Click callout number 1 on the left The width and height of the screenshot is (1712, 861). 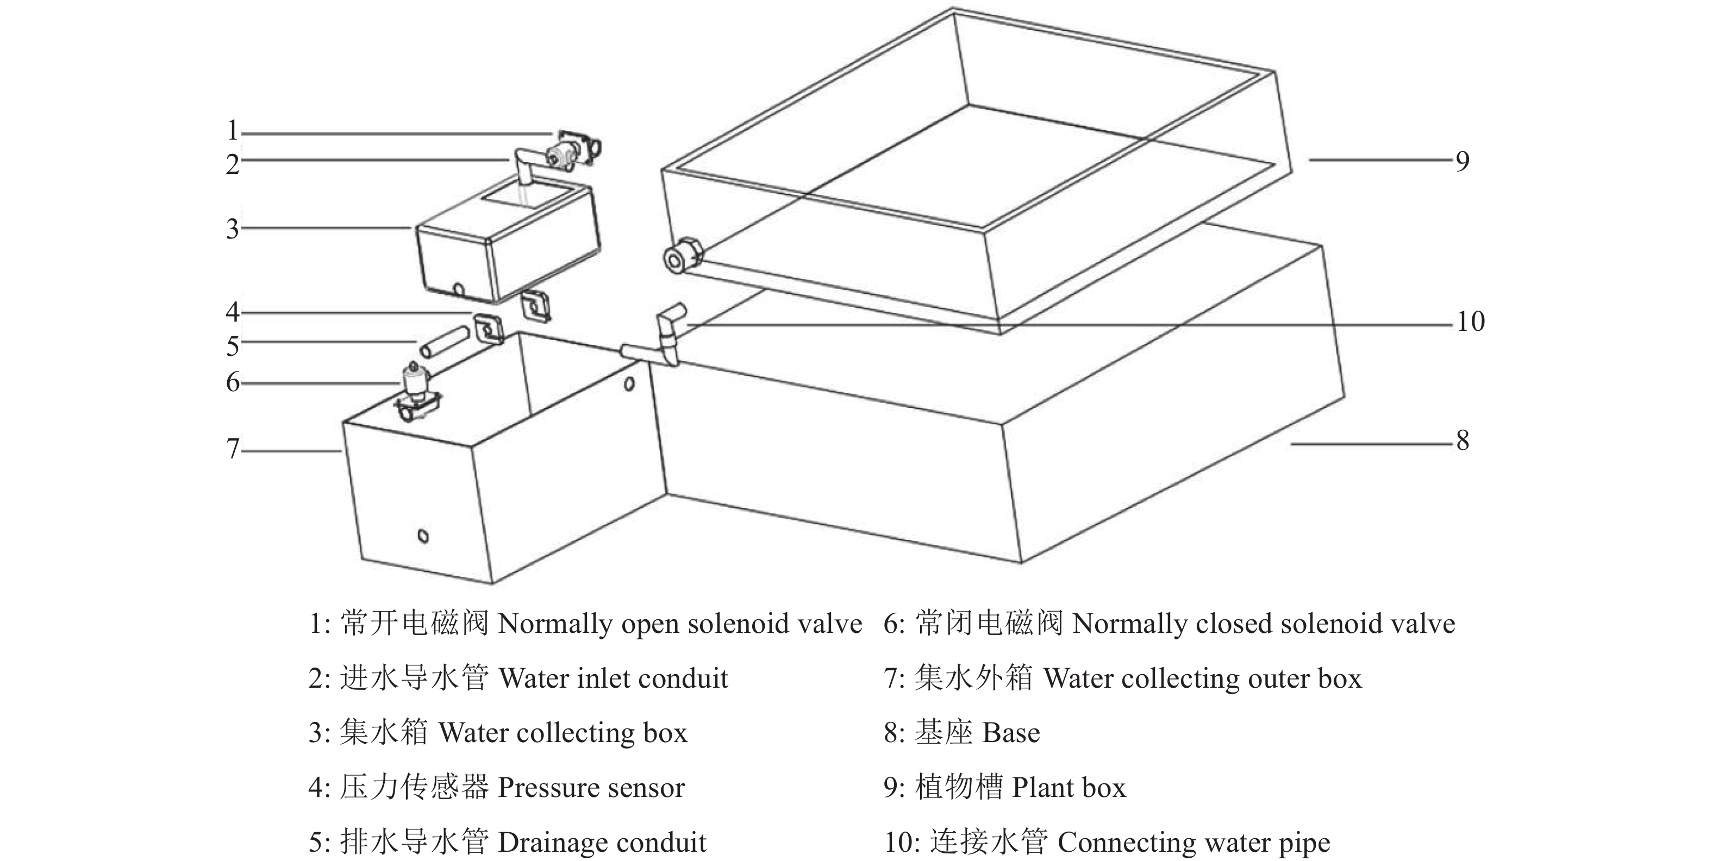tap(233, 130)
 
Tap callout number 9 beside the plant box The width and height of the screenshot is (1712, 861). tap(1462, 161)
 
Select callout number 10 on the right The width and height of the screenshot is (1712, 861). tap(1471, 322)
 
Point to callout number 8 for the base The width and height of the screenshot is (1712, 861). tap(1462, 441)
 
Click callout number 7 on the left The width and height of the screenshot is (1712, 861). tap(233, 449)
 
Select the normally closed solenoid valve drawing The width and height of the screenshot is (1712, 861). tap(417, 393)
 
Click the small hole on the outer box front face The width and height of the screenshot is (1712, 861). tap(423, 536)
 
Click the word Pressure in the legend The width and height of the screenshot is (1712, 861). tap(545, 788)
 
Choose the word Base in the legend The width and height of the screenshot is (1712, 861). tap(1011, 733)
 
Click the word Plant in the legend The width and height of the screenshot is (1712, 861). tap(1038, 788)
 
